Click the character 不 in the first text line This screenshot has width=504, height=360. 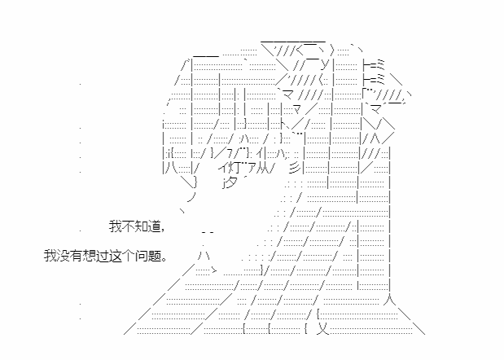coord(129,226)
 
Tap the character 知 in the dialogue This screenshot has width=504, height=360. coord(141,226)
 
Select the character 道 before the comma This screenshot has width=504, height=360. coord(154,226)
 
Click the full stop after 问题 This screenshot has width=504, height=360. coord(164,260)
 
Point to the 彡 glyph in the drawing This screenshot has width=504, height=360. coord(294,168)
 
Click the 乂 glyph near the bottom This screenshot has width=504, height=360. coord(323,328)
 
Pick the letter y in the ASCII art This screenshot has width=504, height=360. coord(325,65)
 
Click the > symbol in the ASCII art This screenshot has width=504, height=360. coord(214,270)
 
